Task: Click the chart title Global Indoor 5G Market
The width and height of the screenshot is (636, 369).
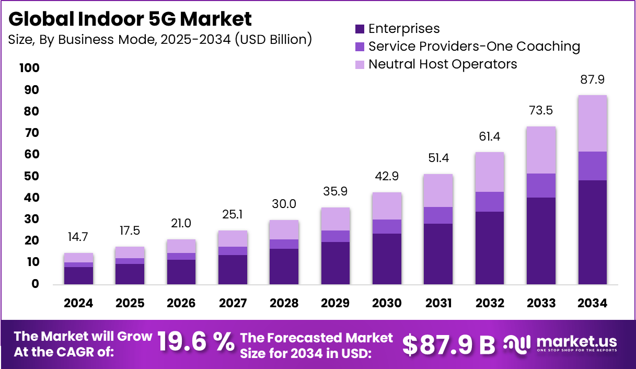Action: point(130,19)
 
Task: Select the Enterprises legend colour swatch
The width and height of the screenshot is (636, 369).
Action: point(359,29)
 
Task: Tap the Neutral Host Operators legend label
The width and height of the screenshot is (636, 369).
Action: point(442,64)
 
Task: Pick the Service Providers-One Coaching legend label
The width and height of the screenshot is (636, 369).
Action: point(473,47)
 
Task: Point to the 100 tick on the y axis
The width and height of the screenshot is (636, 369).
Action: point(29,68)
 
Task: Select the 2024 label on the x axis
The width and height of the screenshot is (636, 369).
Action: point(78,304)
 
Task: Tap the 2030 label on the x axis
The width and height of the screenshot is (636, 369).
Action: point(387,304)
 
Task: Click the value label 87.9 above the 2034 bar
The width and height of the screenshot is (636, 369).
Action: point(592,80)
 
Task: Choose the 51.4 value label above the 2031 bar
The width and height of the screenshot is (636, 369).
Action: point(438,158)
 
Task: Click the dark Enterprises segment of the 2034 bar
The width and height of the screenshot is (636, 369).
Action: point(592,232)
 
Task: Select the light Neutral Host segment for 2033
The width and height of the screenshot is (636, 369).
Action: point(541,150)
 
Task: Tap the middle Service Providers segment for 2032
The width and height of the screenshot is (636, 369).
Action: point(490,202)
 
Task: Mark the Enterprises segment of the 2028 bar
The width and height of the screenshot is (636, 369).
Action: point(284,267)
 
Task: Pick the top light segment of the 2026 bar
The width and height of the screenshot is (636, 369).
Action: point(181,246)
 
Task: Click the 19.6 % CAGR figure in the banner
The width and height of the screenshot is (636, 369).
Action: point(195,343)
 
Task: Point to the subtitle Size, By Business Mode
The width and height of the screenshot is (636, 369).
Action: point(160,40)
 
